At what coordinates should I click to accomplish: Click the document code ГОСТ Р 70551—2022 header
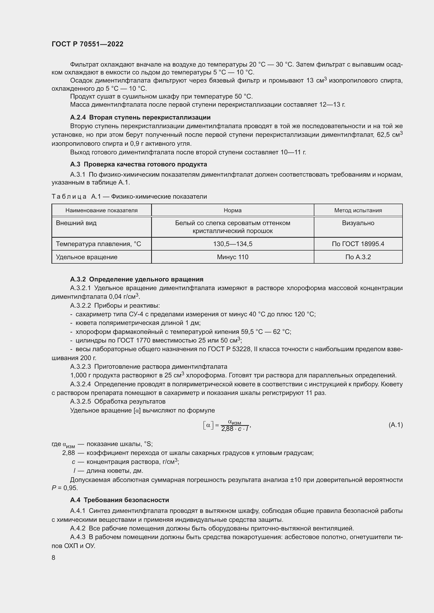(x=87, y=44)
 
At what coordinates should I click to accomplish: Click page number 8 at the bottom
(x=54, y=558)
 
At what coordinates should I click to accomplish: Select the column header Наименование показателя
(x=101, y=210)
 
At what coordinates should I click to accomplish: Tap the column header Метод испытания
(x=358, y=210)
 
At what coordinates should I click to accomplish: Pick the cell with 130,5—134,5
(x=232, y=244)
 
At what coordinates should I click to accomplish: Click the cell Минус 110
(x=232, y=257)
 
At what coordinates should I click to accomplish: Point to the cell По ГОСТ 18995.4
(x=358, y=244)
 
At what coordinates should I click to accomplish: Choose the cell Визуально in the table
(x=358, y=223)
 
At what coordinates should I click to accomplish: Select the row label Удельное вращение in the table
(x=87, y=257)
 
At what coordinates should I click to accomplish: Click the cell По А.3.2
(x=358, y=257)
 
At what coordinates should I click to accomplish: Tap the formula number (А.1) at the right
(x=395, y=425)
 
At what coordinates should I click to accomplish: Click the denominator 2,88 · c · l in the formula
(x=235, y=429)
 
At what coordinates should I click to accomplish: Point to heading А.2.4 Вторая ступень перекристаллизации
(x=140, y=117)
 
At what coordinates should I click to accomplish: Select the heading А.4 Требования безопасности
(x=119, y=500)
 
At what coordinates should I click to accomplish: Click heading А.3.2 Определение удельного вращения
(x=136, y=279)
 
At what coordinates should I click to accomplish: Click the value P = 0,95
(x=65, y=488)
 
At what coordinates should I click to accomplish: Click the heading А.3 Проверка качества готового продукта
(x=139, y=164)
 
